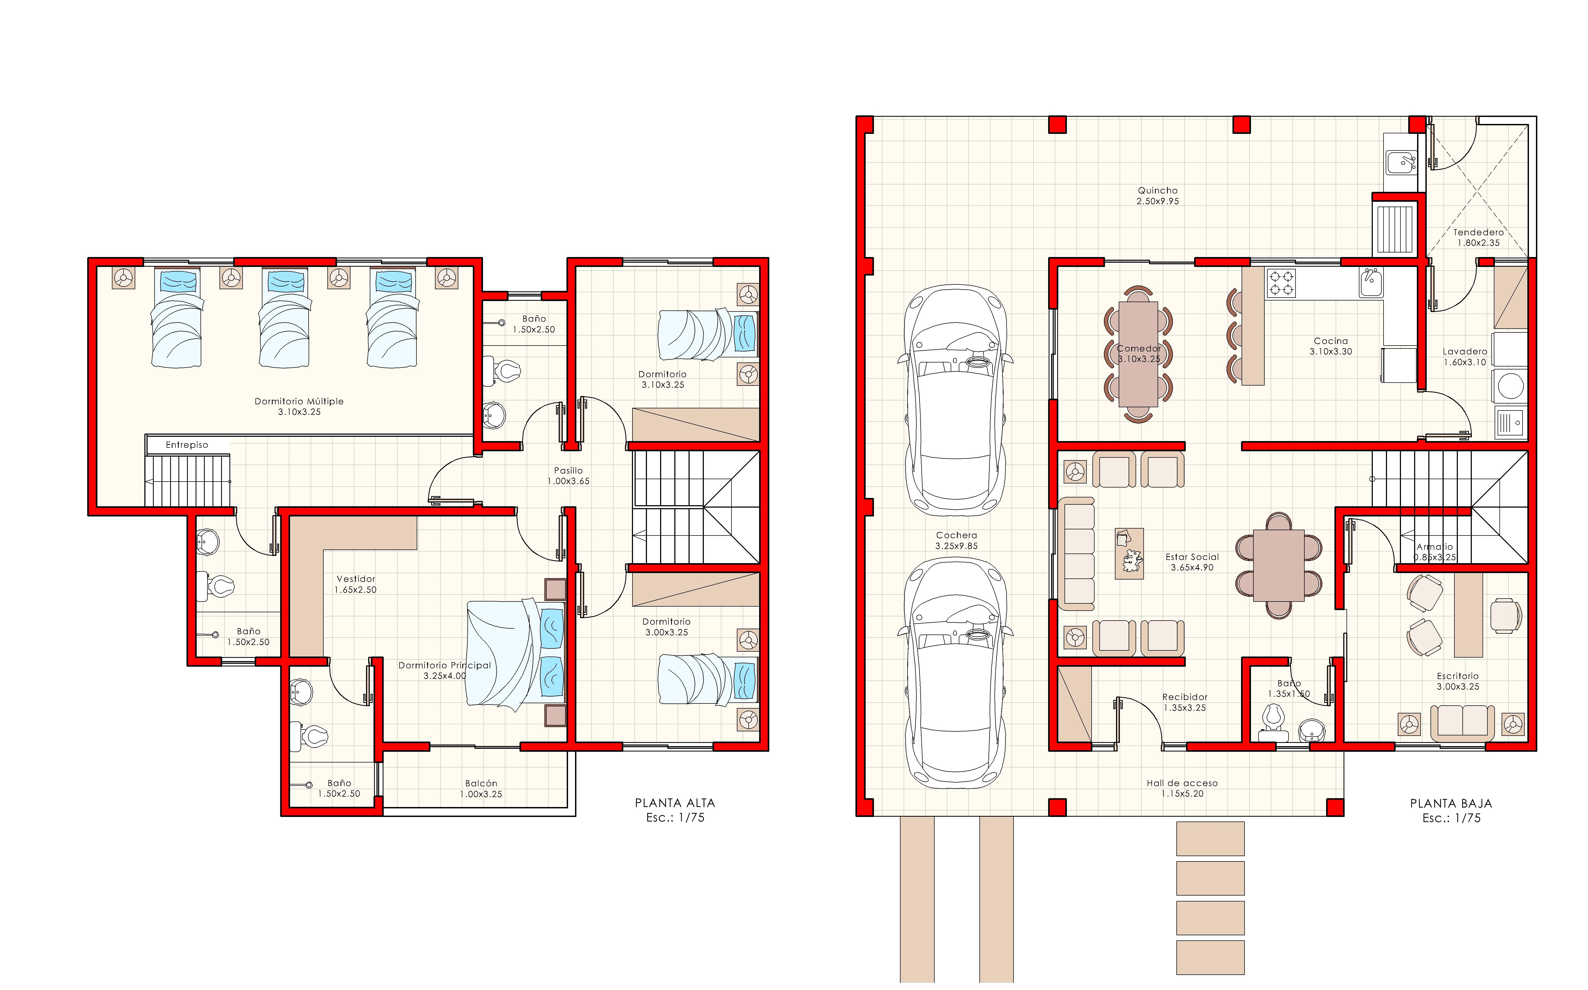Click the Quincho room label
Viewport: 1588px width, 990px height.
pyautogui.click(x=1157, y=190)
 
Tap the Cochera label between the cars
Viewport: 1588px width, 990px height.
pyautogui.click(x=956, y=535)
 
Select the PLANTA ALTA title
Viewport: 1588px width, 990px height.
pyautogui.click(x=675, y=803)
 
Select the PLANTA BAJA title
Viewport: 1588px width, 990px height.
pyautogui.click(x=1451, y=803)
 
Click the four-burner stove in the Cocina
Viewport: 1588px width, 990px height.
pyautogui.click(x=1281, y=283)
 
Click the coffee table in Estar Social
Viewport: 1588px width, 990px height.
pyautogui.click(x=1129, y=553)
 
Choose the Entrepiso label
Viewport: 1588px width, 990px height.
pyautogui.click(x=187, y=445)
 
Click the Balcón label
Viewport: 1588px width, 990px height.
pyautogui.click(x=481, y=783)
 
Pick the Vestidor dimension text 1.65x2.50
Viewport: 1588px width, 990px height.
pyautogui.click(x=356, y=590)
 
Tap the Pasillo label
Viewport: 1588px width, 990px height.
pyautogui.click(x=568, y=470)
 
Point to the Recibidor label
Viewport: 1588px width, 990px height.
pyautogui.click(x=1185, y=697)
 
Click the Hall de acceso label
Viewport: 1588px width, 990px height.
pyautogui.click(x=1182, y=783)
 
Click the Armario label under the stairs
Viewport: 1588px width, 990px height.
pyautogui.click(x=1434, y=547)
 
